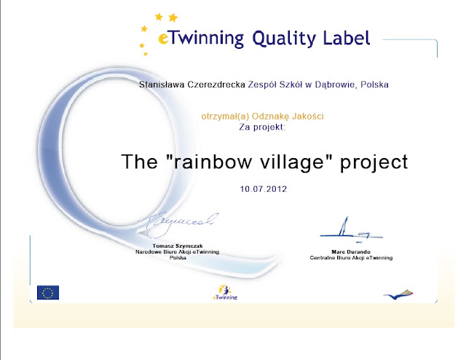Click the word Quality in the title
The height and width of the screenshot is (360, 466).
click(x=284, y=39)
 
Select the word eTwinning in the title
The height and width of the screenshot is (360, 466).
click(x=201, y=39)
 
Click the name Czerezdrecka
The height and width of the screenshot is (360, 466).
click(x=216, y=85)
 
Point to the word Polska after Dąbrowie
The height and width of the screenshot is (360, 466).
click(x=374, y=85)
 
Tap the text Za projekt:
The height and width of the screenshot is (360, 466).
click(x=262, y=128)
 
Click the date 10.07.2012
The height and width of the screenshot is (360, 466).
click(x=264, y=189)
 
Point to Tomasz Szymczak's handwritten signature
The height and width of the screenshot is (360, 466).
click(x=178, y=225)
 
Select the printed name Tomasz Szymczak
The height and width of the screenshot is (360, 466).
click(x=178, y=246)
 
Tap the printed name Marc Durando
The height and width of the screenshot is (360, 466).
click(x=351, y=252)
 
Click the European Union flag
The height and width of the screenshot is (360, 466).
click(x=48, y=292)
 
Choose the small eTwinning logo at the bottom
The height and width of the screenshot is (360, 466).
click(x=225, y=293)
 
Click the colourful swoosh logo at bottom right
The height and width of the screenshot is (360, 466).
click(x=398, y=294)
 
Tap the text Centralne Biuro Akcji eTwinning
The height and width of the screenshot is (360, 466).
click(x=351, y=258)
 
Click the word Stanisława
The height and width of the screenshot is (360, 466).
click(x=162, y=85)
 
